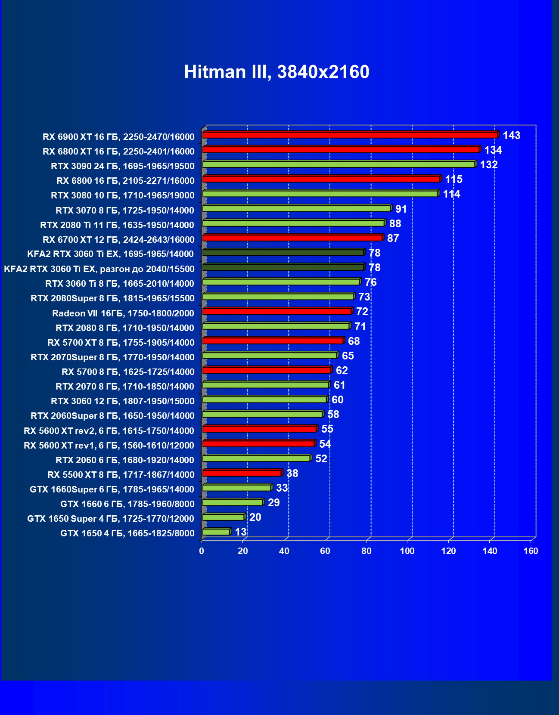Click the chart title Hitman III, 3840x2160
tap(276, 72)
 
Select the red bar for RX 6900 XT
tap(350, 135)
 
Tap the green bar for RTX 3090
tap(339, 164)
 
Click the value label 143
tap(511, 136)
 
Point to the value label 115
tap(453, 180)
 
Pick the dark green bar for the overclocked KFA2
tap(283, 267)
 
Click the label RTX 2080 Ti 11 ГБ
tap(117, 225)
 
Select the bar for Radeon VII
tap(277, 311)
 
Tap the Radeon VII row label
tap(123, 313)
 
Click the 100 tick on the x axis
tap(407, 551)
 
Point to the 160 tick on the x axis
tap(531, 551)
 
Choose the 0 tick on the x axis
tap(202, 551)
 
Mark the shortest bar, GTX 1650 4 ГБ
tap(216, 532)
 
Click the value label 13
tap(240, 532)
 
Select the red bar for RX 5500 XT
tap(242, 473)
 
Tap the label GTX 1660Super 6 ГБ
tap(112, 489)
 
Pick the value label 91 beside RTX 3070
tap(401, 209)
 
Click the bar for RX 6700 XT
tap(292, 238)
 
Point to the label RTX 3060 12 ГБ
tap(123, 401)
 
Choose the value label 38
tap(292, 474)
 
